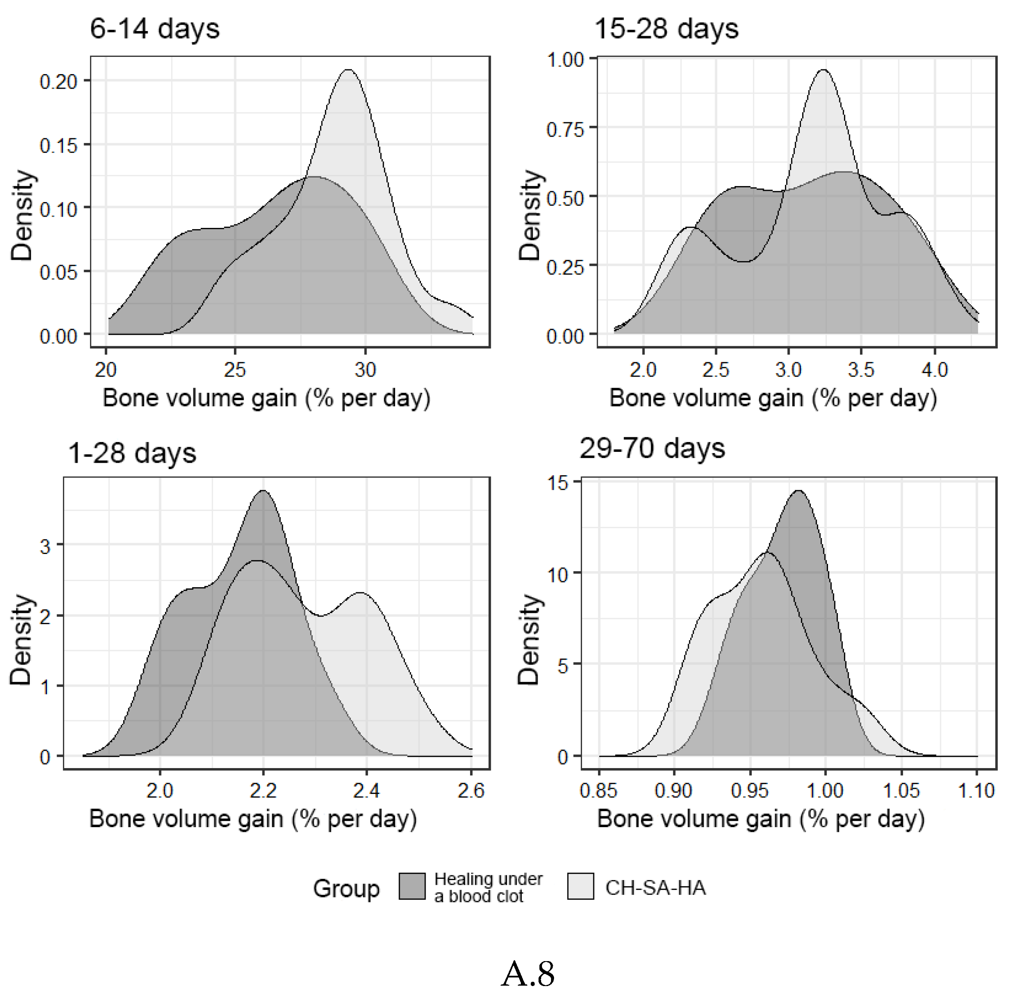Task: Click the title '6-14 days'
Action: [155, 29]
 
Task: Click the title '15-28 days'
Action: [666, 29]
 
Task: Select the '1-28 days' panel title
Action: [132, 453]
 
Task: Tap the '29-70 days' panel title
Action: [652, 449]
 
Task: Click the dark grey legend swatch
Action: [412, 887]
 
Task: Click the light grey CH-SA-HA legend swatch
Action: [580, 887]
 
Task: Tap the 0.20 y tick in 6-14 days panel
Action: [58, 82]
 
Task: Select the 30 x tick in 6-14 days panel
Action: [365, 370]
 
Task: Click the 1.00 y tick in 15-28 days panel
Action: [565, 60]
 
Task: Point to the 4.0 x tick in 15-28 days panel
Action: [935, 370]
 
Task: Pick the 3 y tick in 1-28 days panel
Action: [45, 546]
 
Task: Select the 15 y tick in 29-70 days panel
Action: [558, 482]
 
